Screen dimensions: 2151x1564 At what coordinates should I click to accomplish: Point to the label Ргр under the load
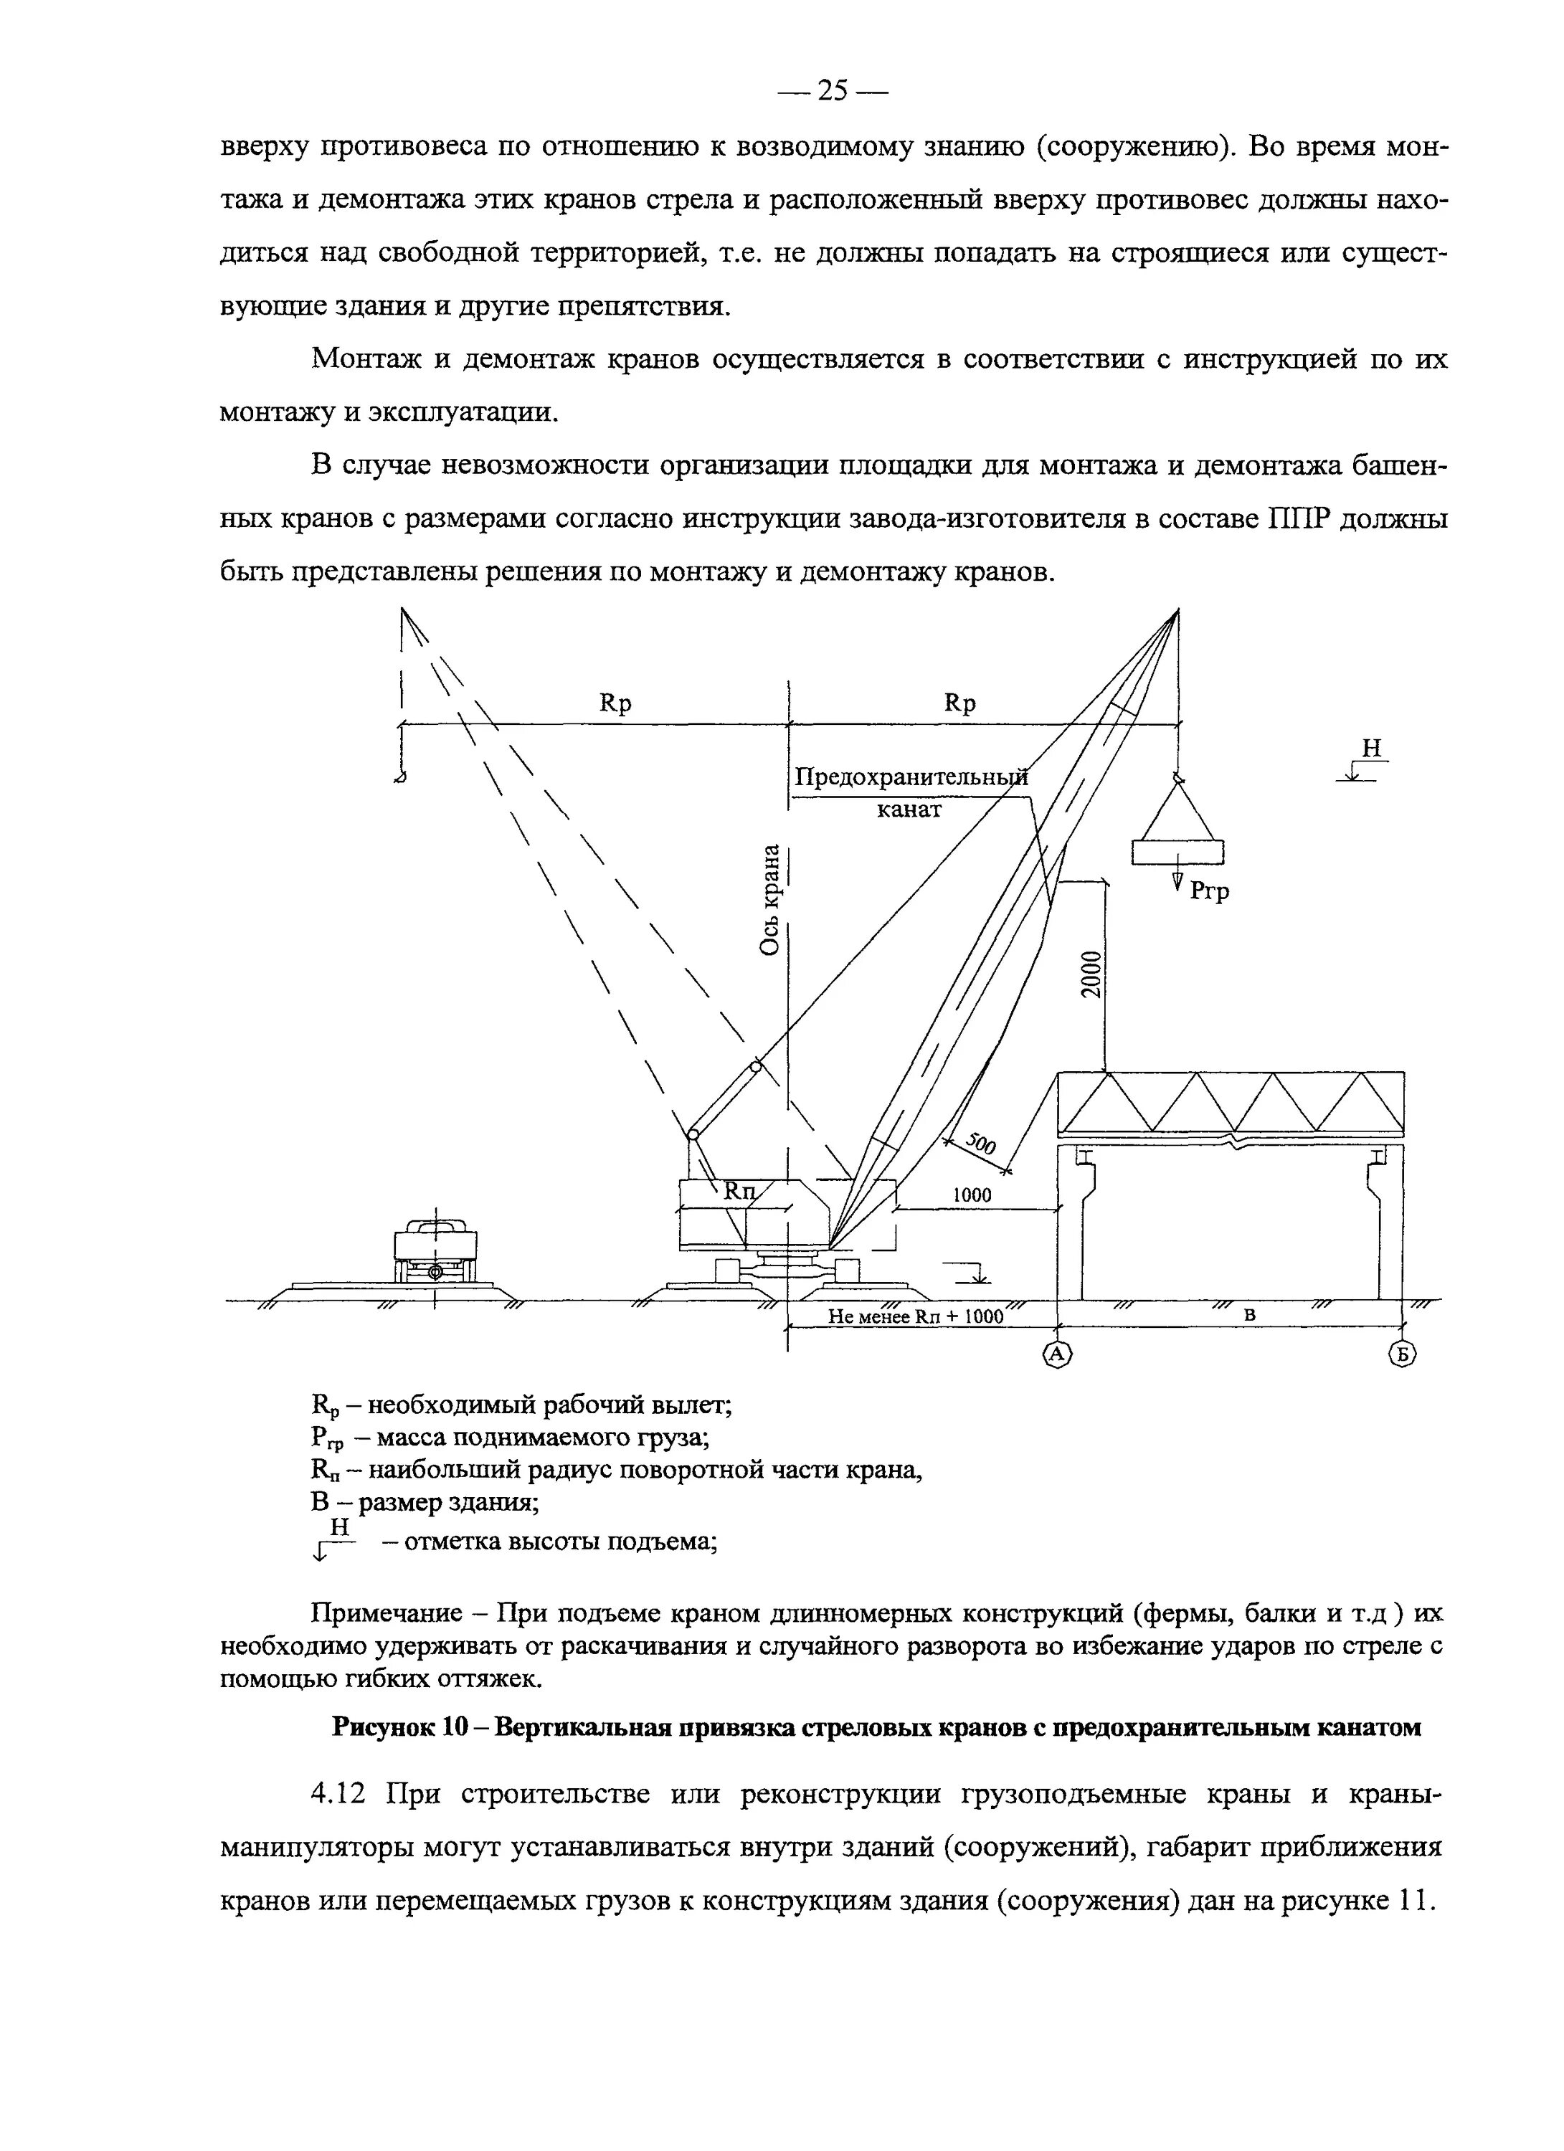(1209, 891)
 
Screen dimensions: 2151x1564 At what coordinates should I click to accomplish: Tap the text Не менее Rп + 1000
(915, 1316)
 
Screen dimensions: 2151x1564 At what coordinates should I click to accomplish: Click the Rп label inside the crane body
(741, 1191)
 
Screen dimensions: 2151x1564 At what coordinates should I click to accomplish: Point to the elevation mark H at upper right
(1370, 749)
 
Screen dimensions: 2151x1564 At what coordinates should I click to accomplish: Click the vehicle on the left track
(435, 1251)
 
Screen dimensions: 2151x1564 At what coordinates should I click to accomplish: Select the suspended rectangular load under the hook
(1178, 853)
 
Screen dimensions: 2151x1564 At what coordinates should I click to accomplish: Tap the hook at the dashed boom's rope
(401, 777)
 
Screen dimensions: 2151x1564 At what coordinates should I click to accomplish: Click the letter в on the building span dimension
(1250, 1314)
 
